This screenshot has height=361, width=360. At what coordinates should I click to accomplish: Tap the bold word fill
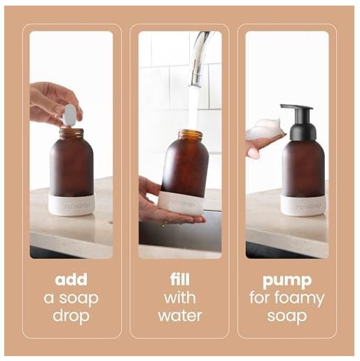[x=180, y=279]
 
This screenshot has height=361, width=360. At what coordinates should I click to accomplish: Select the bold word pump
[x=287, y=281]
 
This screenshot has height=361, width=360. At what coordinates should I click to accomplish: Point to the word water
[x=180, y=315]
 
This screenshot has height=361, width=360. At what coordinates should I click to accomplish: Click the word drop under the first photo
[x=71, y=317]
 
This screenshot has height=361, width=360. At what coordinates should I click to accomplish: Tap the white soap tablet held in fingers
[x=69, y=116]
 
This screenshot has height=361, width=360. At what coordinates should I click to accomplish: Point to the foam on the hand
[x=265, y=129]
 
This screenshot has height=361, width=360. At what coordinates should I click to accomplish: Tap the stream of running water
[x=193, y=109]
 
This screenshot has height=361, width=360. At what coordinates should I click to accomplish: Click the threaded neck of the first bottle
[x=71, y=133]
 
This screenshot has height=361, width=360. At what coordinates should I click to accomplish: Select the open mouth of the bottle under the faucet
[x=191, y=132]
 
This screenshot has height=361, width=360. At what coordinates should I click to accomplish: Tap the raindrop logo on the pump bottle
[x=309, y=205]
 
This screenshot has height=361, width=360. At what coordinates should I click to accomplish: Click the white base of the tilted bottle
[x=181, y=203]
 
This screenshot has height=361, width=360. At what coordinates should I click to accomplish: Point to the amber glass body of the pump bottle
[x=303, y=168]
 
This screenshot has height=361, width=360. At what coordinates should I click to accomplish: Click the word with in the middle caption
[x=180, y=297]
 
